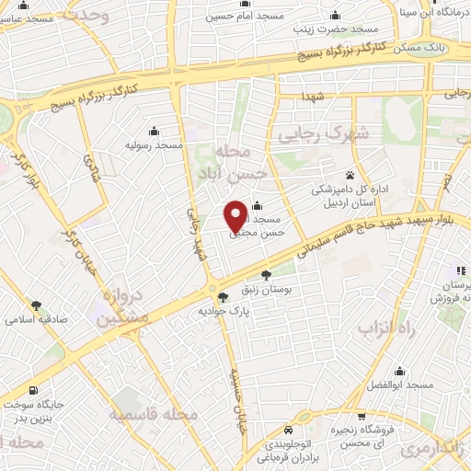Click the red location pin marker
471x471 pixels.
coord(235,216)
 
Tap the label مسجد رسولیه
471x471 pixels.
coord(156,145)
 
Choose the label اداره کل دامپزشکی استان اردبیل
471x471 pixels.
coord(350,195)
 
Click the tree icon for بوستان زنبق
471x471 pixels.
coord(267,275)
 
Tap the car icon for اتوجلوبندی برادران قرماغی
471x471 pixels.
coord(289,431)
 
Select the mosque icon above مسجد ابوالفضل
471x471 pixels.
coord(398,371)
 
